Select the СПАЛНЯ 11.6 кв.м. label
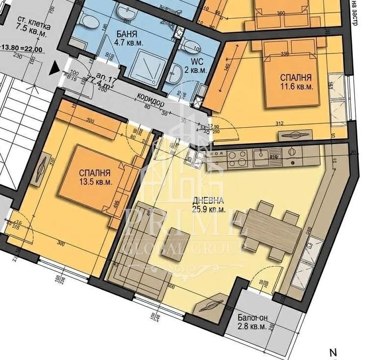296,82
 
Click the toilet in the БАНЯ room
89,20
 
